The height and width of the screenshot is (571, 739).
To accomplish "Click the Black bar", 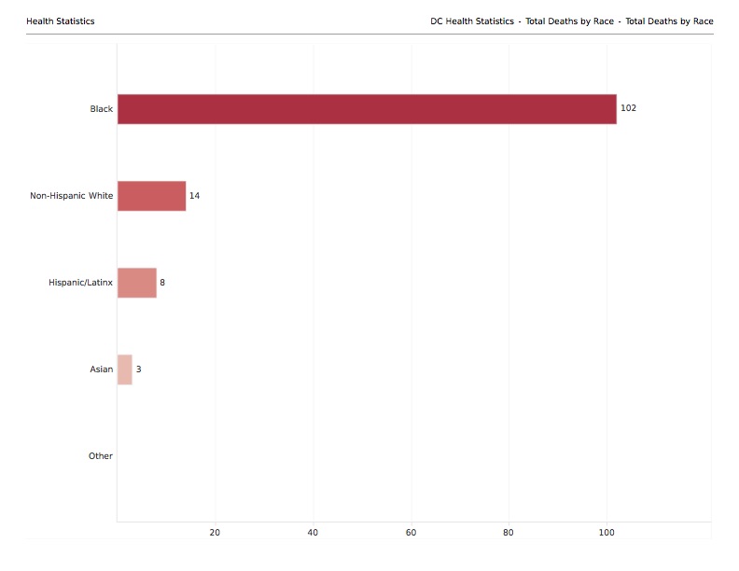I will pos(367,109).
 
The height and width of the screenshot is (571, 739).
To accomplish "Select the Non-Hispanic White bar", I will pos(151,196).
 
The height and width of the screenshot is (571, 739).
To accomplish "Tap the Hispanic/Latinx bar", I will pos(137,283).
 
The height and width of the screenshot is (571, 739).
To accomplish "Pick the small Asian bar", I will pos(124,369).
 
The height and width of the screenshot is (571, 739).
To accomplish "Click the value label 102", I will pos(628,109).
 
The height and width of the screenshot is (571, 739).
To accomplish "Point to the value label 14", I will pos(194,196).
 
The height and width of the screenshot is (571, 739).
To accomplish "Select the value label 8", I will pos(162,283).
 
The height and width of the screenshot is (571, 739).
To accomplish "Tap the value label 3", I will pos(138,369).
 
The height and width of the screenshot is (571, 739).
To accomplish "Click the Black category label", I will pos(101,109).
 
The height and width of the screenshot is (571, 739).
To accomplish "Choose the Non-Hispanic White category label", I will pos(71,196).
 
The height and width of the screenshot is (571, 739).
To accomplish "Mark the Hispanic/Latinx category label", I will pos(80,283).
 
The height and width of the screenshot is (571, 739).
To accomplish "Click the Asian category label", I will pos(101,369).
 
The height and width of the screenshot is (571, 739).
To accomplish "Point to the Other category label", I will pos(100,456).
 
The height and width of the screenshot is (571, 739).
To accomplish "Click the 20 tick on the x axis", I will pos(215,533).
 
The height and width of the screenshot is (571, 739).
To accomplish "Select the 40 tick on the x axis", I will pos(313,533).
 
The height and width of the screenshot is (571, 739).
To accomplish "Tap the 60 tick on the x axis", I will pos(411,533).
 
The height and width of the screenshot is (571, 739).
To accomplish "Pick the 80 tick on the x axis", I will pos(509,533).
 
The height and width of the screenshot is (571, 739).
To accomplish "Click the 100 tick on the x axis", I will pos(607,533).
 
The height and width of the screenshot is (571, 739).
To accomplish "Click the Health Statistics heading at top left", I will pos(60,21).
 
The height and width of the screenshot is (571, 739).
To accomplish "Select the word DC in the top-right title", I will pos(437,21).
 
